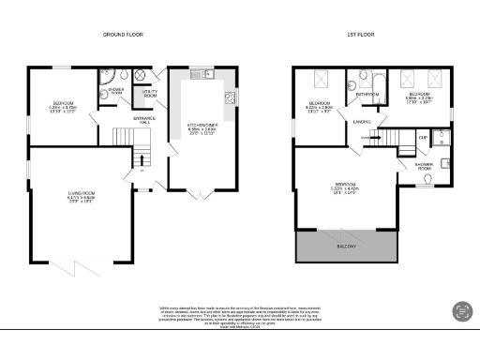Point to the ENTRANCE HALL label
point(144,120)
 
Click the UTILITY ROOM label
point(149,95)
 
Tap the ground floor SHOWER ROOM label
point(115,92)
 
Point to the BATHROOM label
point(367,95)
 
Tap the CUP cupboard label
point(424,138)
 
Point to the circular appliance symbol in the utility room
point(140,74)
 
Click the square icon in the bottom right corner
point(461,310)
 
